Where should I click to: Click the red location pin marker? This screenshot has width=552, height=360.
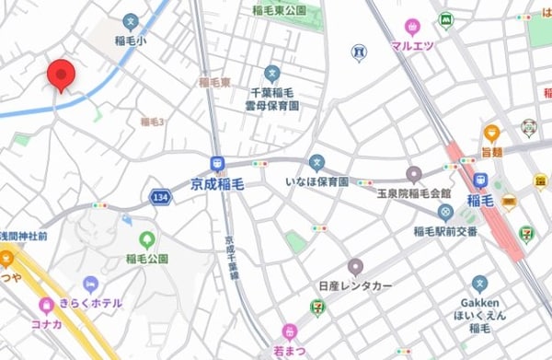61,75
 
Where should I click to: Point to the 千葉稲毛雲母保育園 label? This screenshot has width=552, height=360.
271,94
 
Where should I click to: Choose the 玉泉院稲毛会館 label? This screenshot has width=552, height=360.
414,193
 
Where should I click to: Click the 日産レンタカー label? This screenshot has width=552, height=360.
354,286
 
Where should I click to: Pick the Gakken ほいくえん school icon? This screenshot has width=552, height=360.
479,284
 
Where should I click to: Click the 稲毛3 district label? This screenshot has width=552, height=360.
152,122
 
